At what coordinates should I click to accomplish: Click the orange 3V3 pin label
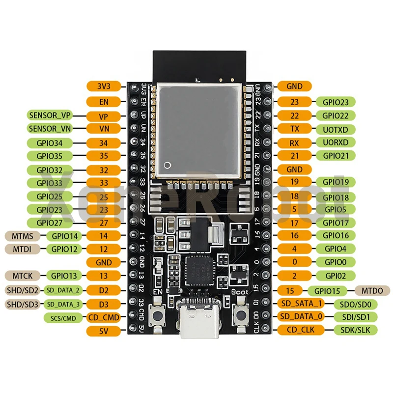click(103, 86)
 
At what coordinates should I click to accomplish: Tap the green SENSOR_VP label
click(50, 116)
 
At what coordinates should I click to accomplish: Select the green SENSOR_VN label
click(50, 129)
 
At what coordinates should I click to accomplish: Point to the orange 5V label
click(103, 331)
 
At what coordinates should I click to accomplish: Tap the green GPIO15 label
click(330, 290)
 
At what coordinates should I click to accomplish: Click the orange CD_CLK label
click(300, 330)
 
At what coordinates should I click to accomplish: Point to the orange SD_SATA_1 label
click(300, 303)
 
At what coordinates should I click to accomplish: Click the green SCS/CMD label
click(63, 318)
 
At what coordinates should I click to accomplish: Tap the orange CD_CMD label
click(103, 318)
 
